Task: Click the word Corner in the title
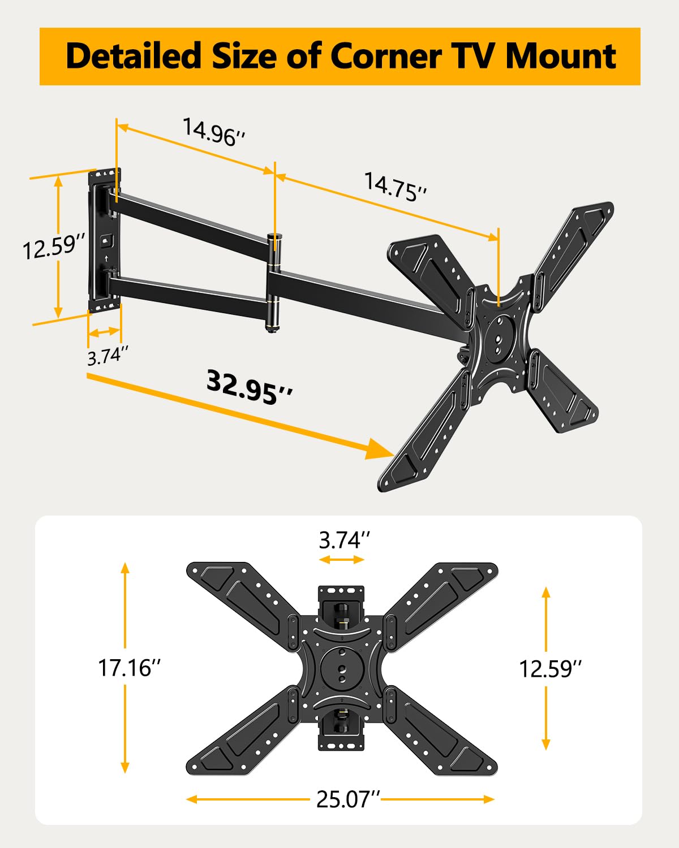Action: coord(385,57)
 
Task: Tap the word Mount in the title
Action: coord(560,57)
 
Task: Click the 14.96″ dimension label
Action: coord(214,132)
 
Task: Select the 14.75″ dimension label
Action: coord(395,187)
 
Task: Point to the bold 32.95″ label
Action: coord(250,387)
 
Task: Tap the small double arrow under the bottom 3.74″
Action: coord(342,560)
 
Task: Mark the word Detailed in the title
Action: coord(134,57)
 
